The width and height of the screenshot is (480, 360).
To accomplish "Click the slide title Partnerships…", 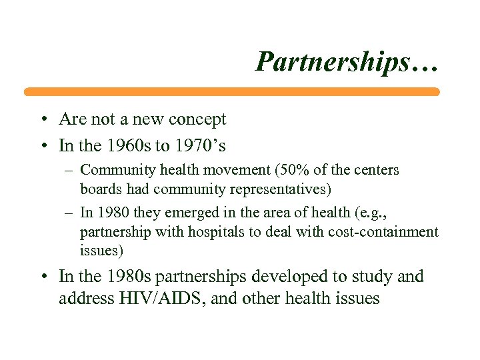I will (347, 61).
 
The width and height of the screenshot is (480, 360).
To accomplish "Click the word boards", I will (102, 189).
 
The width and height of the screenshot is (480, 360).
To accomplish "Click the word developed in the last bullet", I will (283, 276).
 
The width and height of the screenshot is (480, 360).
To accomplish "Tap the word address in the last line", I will (83, 298).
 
